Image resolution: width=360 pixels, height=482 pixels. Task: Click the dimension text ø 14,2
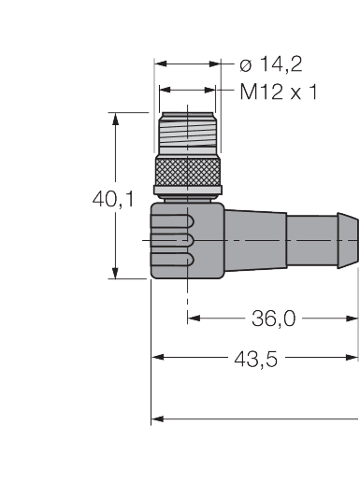coord(271,64)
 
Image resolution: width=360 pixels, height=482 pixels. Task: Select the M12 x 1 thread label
coord(278,92)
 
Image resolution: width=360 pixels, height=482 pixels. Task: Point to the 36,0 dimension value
coord(274,319)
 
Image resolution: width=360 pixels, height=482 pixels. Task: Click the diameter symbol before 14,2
coord(245,64)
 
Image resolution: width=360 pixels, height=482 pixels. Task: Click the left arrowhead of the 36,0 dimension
coord(193,318)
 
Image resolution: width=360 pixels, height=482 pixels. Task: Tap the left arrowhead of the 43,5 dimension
coord(157,357)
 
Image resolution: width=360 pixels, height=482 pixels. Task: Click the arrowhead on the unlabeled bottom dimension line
coord(157,418)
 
